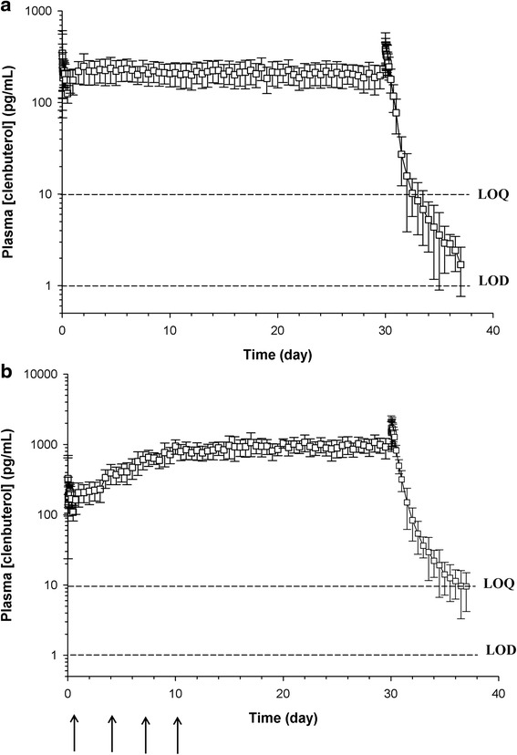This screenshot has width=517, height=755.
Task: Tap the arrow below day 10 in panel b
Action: pyautogui.click(x=179, y=734)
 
